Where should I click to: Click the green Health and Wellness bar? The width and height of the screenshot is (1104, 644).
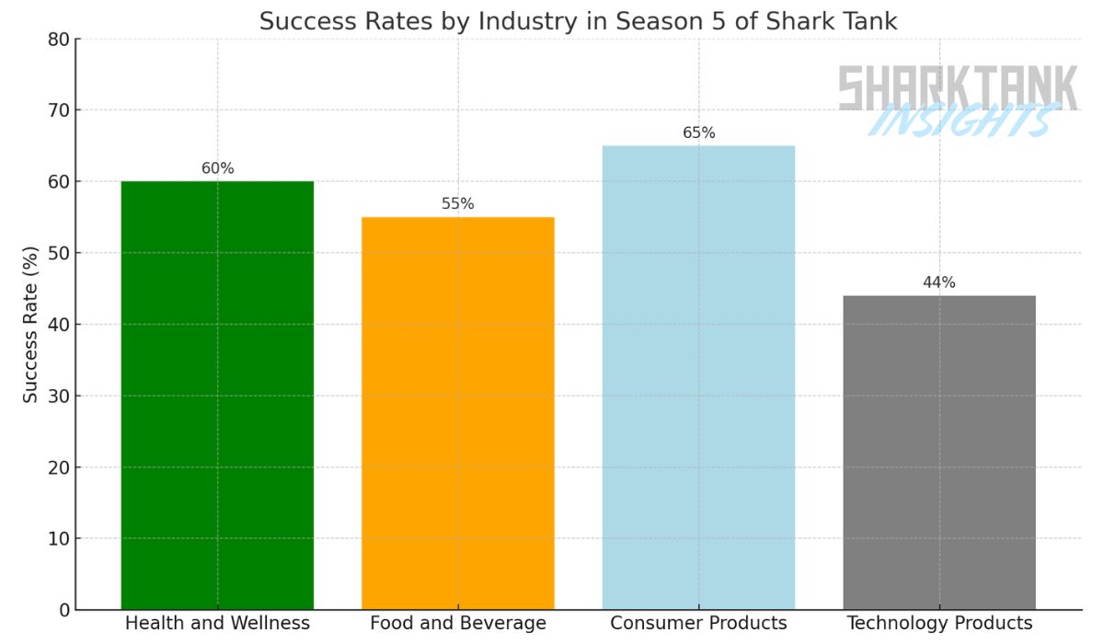pyautogui.click(x=217, y=396)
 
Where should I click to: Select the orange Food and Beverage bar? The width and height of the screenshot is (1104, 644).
pyautogui.click(x=457, y=413)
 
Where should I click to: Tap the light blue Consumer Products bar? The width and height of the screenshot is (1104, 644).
pyautogui.click(x=698, y=377)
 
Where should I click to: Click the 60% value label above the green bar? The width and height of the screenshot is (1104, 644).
pyautogui.click(x=217, y=168)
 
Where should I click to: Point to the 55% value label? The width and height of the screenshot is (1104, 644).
pyautogui.click(x=457, y=204)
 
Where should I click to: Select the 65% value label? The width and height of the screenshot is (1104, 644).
pyautogui.click(x=698, y=133)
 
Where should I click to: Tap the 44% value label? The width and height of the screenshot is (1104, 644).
pyautogui.click(x=939, y=282)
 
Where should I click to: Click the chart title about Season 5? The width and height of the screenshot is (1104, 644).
pyautogui.click(x=578, y=21)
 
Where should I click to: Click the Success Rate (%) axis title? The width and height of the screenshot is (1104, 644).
pyautogui.click(x=30, y=324)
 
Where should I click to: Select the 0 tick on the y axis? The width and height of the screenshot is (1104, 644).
pyautogui.click(x=63, y=610)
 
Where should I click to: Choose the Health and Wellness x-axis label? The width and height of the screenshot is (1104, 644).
pyautogui.click(x=217, y=624)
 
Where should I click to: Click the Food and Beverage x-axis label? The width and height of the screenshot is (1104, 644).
pyautogui.click(x=457, y=624)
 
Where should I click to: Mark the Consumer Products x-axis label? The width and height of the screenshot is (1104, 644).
pyautogui.click(x=698, y=624)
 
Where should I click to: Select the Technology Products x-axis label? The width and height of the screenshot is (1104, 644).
pyautogui.click(x=939, y=624)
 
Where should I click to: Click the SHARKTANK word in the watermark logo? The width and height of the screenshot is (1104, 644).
pyautogui.click(x=957, y=87)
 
